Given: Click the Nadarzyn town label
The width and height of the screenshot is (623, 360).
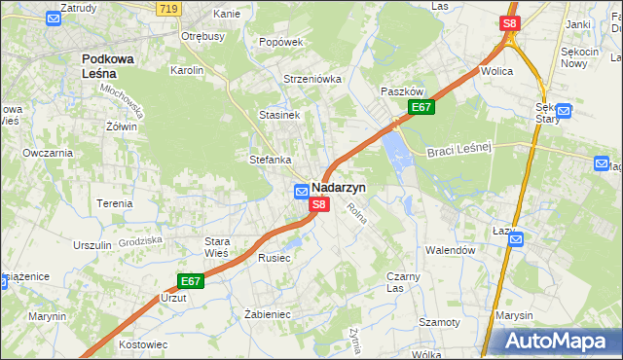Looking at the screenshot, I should click(338, 189).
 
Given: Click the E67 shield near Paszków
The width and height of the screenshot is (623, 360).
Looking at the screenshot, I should click(421, 107).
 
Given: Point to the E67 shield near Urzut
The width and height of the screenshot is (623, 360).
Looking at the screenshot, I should click(191, 281).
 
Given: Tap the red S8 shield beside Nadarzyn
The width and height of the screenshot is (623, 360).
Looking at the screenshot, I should click(318, 205).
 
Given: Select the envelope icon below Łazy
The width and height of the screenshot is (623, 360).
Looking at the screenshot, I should click(515, 239).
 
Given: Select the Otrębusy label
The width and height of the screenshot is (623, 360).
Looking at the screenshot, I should click(202, 36).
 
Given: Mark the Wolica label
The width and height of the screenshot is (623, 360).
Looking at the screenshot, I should click(496, 71).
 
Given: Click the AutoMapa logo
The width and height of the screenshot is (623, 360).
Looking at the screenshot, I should click(551, 341).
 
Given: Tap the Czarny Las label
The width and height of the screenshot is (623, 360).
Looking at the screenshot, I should click(401, 282).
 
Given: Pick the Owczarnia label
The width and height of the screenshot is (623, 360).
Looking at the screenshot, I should click(48, 153).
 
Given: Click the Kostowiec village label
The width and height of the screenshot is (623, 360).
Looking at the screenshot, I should click(142, 344).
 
